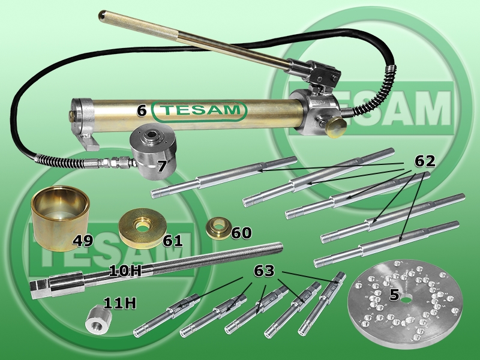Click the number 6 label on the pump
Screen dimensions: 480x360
(x=142, y=110)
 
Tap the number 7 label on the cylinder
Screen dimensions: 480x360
(x=162, y=166)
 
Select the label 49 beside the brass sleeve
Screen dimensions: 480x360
(x=83, y=241)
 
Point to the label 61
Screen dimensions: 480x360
(x=173, y=241)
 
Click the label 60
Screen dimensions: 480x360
(x=241, y=233)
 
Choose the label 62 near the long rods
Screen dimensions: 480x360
(x=425, y=161)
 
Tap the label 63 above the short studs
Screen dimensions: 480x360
(x=264, y=271)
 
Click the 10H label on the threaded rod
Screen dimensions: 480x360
(x=125, y=271)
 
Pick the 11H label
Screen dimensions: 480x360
(x=119, y=304)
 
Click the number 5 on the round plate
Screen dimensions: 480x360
(x=394, y=295)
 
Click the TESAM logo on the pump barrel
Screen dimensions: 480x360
(x=199, y=110)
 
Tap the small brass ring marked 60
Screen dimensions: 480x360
(x=218, y=229)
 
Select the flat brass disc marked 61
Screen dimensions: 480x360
(x=142, y=225)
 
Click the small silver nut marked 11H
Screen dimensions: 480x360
(x=97, y=320)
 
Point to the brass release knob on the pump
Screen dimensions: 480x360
(x=336, y=128)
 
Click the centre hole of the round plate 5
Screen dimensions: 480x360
(x=406, y=299)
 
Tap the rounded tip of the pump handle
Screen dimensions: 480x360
(x=103, y=15)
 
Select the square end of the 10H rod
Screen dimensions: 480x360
(x=38, y=290)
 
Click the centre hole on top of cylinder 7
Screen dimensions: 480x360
(x=152, y=134)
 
